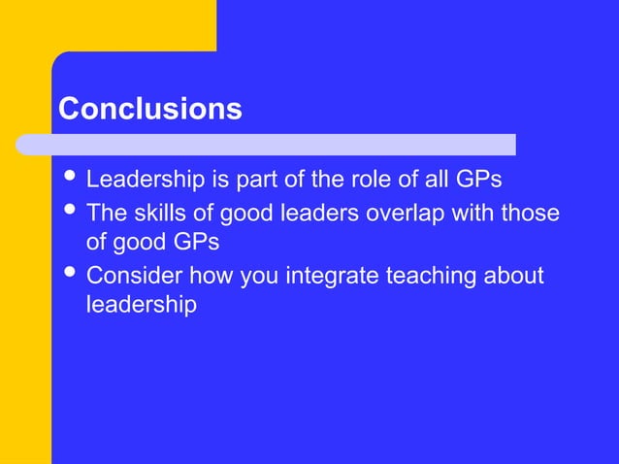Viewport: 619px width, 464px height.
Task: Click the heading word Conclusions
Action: [x=149, y=109]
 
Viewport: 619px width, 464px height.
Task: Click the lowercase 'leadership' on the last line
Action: [x=142, y=305]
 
